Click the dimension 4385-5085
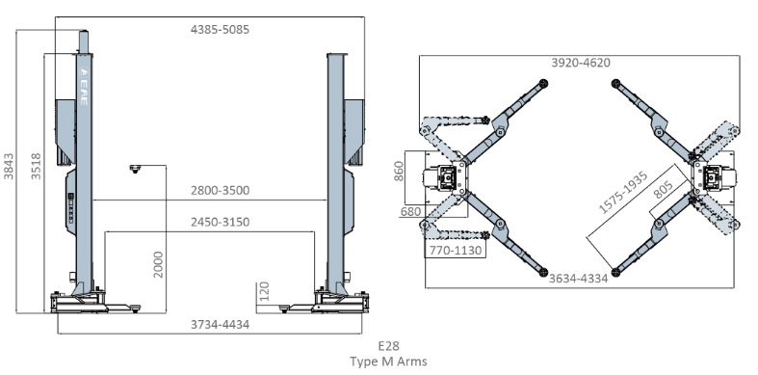coord(220,30)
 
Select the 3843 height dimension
coord(10,166)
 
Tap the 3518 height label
coord(37,166)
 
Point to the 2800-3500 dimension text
coord(220,191)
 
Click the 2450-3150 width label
coord(220,222)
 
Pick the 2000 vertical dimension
coord(159,264)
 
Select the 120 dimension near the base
coord(264,291)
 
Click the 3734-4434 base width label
coord(220,325)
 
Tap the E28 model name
coord(389,346)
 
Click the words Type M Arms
coord(389,362)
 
